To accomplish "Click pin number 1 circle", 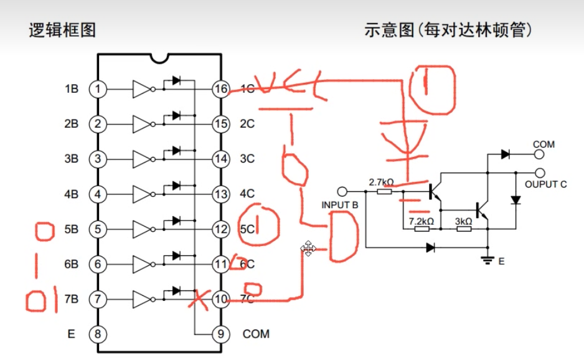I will tap(97, 89).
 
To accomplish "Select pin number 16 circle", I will tap(220, 89).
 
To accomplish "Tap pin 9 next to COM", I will tap(220, 334).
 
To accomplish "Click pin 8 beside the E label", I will tap(97, 334).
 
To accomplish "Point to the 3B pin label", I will tap(71, 159).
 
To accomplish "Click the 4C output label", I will tap(247, 194).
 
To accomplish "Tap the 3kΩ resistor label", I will tap(464, 221).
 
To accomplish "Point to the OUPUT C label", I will tap(545, 184).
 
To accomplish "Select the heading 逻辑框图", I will tap(62, 30).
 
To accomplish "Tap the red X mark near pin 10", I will tap(199, 299).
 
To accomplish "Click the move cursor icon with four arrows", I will tap(308, 249).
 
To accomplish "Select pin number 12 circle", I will tap(220, 229).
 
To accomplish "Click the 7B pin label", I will tap(71, 299).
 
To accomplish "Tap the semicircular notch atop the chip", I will tap(159, 58).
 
